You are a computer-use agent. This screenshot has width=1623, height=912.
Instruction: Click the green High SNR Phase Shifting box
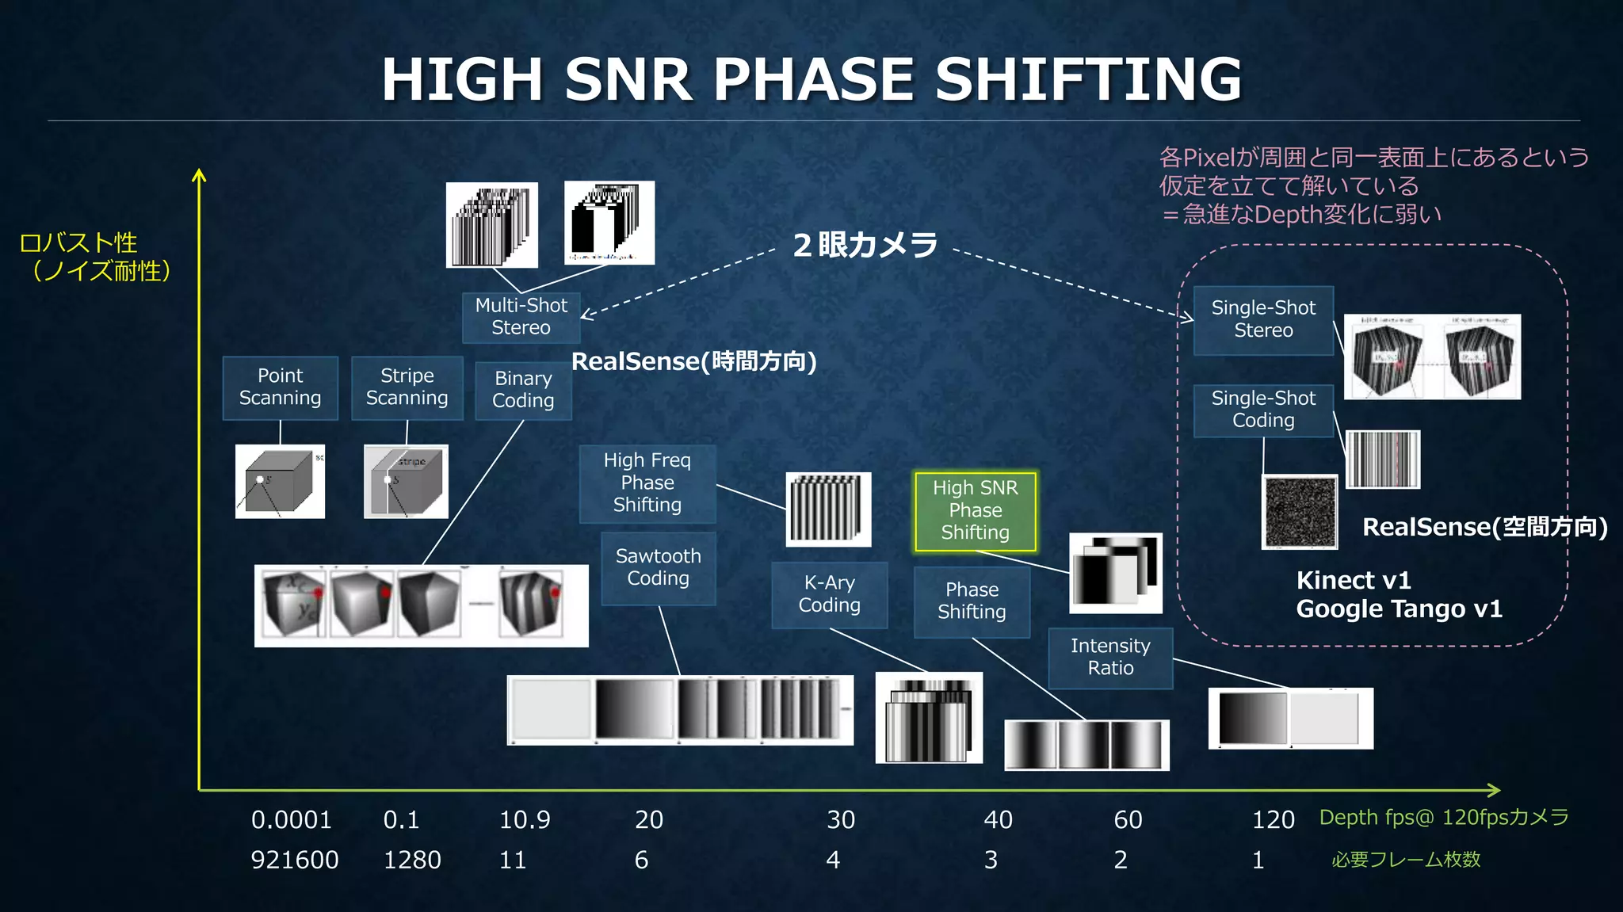975,510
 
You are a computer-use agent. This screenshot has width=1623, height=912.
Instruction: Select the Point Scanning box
280,387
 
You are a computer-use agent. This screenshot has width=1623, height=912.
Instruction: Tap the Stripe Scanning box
407,387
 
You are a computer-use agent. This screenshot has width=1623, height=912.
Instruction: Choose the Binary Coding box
523,390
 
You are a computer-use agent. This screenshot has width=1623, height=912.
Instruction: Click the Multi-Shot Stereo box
521,317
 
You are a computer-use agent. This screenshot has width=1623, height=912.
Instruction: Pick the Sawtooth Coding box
658,567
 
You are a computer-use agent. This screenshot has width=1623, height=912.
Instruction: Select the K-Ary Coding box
829,594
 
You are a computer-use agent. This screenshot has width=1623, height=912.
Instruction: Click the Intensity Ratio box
1110,658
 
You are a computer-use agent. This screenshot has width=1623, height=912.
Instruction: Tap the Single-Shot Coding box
1263,410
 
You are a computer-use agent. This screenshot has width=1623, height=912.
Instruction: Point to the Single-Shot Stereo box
1263,319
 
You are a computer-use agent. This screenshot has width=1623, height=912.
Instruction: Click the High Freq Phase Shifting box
647,483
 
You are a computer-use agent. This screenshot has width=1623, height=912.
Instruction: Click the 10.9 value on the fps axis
524,819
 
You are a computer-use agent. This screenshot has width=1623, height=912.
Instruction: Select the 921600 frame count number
295,860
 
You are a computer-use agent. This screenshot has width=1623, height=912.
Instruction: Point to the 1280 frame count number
412,860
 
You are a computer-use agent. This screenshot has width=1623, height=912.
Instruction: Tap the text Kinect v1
1354,581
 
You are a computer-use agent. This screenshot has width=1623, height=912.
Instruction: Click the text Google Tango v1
1399,609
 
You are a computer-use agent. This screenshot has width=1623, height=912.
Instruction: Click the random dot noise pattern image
1300,512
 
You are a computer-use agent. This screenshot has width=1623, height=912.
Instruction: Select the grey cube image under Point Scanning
280,482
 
